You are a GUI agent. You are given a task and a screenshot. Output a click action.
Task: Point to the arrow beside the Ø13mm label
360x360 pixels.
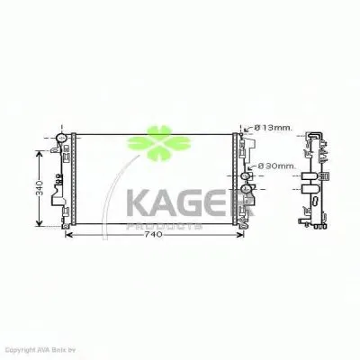click(x=247, y=130)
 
